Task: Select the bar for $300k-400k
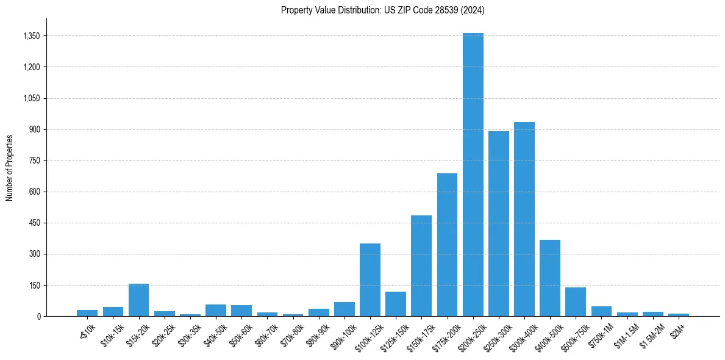click(524, 219)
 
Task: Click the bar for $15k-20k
click(138, 300)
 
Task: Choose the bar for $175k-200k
click(447, 245)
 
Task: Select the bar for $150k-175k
click(421, 265)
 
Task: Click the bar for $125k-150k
click(396, 304)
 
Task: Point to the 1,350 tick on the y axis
click(31, 36)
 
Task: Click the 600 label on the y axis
click(34, 192)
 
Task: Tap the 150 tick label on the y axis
click(34, 285)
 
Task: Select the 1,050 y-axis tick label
click(31, 98)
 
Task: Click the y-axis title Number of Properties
click(9, 167)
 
